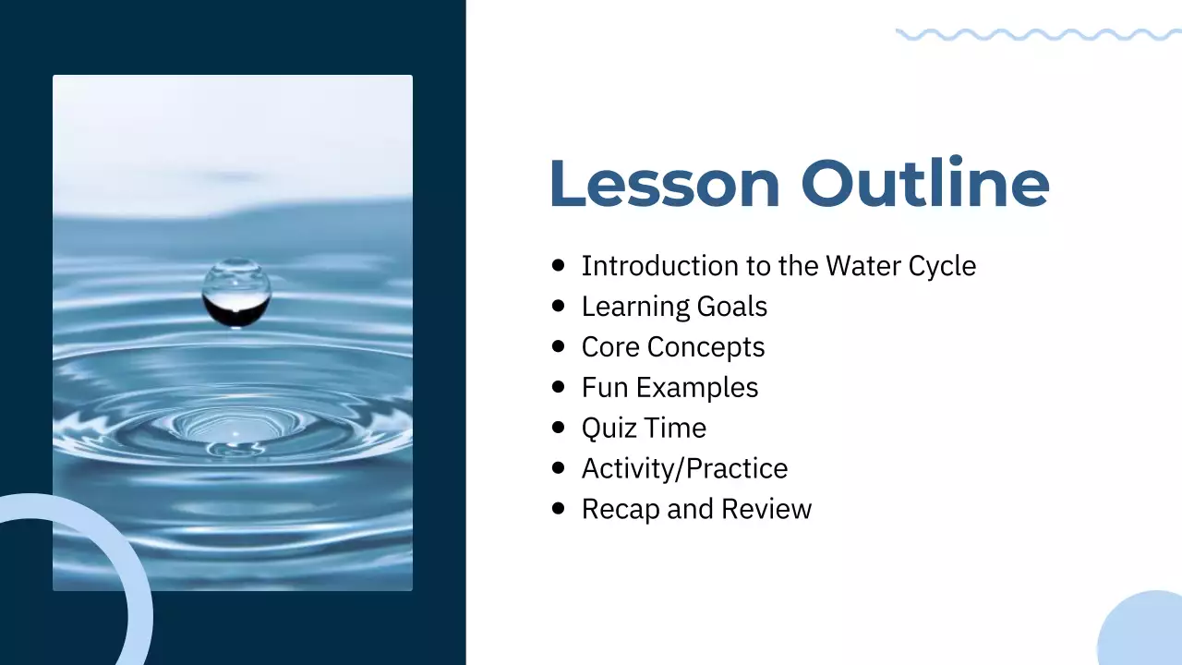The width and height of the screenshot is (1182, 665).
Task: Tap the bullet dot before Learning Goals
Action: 558,306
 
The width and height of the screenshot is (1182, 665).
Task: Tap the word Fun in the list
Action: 603,388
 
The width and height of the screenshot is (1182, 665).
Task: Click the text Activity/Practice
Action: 684,469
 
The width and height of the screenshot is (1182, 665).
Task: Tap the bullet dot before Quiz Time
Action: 558,428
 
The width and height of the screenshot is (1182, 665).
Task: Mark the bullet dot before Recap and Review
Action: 558,509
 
